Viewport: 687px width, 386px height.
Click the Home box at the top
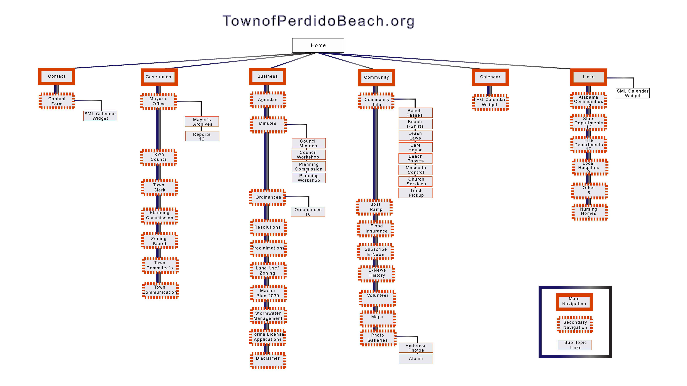[x=318, y=45]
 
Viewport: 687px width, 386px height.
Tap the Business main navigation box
[x=267, y=76]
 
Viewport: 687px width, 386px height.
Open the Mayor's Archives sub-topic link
[x=202, y=122]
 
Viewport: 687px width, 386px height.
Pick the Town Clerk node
[x=159, y=187]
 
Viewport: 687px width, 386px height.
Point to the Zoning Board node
[x=159, y=241]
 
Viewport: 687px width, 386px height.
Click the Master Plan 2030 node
[x=268, y=293]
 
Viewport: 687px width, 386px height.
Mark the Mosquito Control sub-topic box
[x=415, y=170]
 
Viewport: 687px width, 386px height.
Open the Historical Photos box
[x=416, y=348]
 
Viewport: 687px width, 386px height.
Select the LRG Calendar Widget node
[x=490, y=102]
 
